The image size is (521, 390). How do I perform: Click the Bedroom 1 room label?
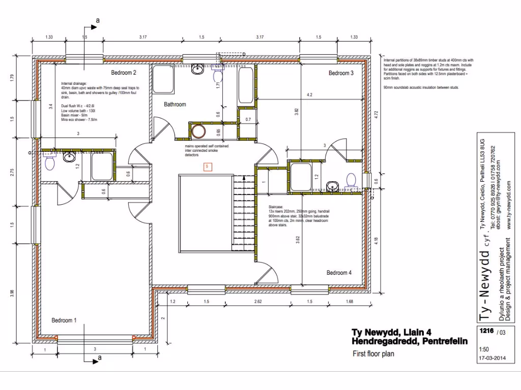(64, 320)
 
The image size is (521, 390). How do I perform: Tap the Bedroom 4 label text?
(339, 273)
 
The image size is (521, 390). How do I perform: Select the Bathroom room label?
(175, 105)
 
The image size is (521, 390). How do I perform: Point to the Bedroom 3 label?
(340, 73)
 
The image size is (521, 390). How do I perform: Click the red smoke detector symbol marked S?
(207, 166)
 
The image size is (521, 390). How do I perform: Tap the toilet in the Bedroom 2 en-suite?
(50, 162)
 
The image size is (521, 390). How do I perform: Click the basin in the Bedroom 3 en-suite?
(333, 185)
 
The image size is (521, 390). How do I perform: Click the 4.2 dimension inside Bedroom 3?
(309, 94)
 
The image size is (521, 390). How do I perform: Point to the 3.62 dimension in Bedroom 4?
(297, 240)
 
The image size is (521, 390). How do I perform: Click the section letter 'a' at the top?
(97, 21)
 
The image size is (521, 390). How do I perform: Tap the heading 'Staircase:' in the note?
(277, 207)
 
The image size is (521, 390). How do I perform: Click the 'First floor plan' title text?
(373, 354)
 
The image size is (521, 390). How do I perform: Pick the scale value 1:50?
(484, 350)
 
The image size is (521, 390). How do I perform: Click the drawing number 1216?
(486, 331)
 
